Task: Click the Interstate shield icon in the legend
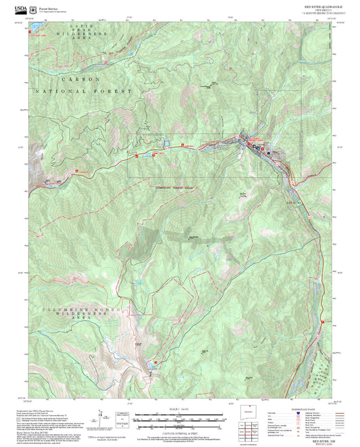299,414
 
